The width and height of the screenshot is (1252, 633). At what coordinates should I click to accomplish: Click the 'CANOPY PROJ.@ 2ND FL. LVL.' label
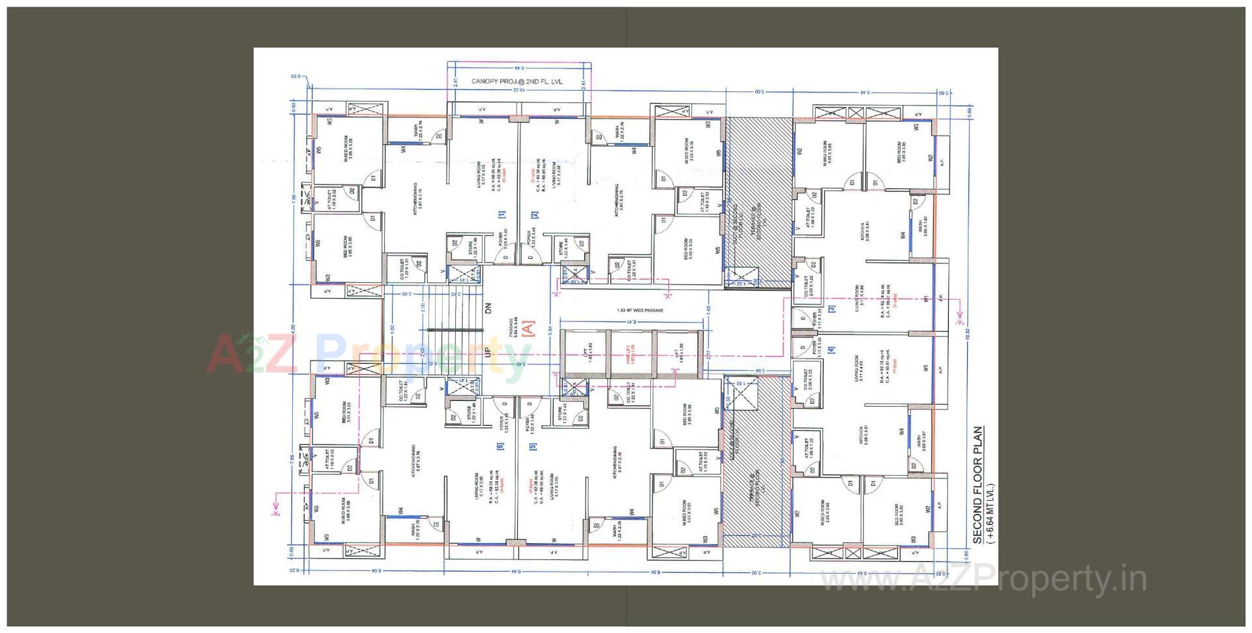click(516, 82)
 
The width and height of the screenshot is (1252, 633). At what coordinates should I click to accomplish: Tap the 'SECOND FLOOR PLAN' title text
click(977, 485)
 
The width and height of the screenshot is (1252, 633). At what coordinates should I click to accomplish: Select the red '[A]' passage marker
click(529, 327)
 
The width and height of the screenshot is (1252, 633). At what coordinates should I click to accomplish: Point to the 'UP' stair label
click(488, 351)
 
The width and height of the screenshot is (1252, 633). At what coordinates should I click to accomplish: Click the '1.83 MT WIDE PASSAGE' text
click(639, 310)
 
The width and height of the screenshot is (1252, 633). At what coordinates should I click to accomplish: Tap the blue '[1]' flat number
click(501, 214)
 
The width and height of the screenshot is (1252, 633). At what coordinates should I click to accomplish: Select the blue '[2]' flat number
click(534, 214)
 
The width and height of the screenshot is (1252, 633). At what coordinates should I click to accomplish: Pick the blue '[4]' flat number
click(831, 350)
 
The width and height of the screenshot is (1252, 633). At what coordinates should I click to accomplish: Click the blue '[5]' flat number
click(533, 447)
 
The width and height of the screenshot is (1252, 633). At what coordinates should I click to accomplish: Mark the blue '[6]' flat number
click(501, 447)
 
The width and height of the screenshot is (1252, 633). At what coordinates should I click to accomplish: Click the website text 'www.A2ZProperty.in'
click(983, 579)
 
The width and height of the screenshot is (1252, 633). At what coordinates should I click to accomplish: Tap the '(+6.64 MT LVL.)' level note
click(991, 514)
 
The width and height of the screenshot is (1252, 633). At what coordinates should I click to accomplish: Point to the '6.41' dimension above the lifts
click(630, 321)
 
